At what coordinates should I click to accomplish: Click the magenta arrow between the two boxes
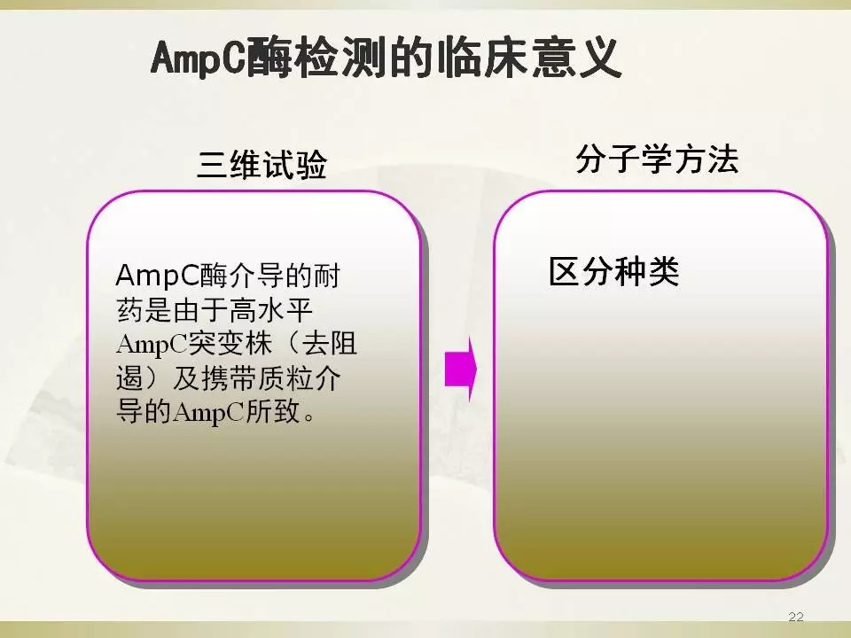point(461,370)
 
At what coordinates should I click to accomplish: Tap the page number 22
point(796,617)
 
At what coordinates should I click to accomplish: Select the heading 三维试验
point(262,164)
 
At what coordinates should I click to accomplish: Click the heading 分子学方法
point(657,159)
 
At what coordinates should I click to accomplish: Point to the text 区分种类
point(613,271)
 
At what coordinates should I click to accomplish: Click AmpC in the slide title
point(198,58)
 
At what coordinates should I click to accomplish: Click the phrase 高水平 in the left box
point(271,310)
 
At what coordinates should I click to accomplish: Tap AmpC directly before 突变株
point(152,345)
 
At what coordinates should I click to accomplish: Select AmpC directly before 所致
point(209,412)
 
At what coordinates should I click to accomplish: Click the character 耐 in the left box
point(326,276)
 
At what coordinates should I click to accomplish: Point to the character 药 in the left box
point(130,310)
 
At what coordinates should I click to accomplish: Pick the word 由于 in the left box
point(201,310)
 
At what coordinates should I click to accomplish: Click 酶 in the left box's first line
point(214,276)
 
